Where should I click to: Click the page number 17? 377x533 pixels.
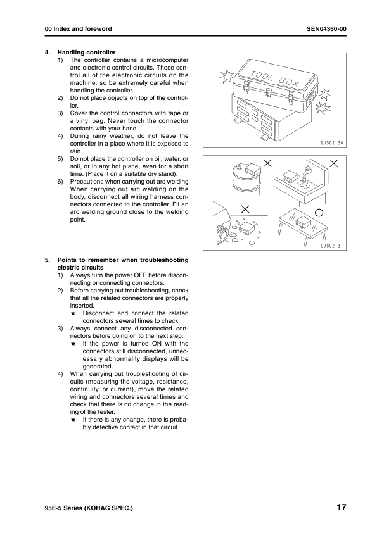pos(342,507)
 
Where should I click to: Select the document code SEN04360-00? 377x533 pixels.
pos(326,29)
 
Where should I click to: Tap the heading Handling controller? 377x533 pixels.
pos(86,53)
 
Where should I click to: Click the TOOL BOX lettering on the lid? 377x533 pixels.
pos(275,78)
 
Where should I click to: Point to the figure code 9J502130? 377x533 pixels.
pos(332,143)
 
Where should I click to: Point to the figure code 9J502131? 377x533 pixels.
pos(332,246)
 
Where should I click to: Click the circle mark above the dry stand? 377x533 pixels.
pos(319,213)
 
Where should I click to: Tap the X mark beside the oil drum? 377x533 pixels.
pos(268,163)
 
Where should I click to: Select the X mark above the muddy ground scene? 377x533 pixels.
pos(245,209)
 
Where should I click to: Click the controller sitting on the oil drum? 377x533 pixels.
pos(253,168)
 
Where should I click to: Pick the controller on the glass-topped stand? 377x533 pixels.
pos(302,222)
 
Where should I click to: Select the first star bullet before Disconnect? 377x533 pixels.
pos(73,313)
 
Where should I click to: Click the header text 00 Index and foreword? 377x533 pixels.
pos(79,29)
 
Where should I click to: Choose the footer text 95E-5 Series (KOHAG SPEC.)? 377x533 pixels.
pos(89,508)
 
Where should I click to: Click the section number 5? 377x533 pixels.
pos(48,260)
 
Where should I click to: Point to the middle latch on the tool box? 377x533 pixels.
pos(269,92)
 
